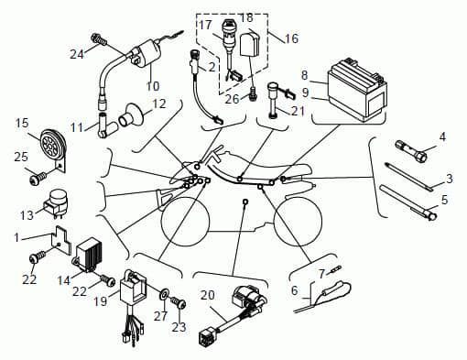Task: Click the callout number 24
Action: [77, 54]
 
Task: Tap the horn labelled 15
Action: [53, 144]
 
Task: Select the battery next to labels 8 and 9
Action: [357, 91]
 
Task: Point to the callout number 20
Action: [208, 295]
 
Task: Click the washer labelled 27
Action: [164, 294]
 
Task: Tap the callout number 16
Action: [291, 38]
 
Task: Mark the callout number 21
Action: [298, 111]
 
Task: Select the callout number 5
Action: [444, 200]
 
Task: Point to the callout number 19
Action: [101, 301]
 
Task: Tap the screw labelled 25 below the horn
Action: [38, 178]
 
